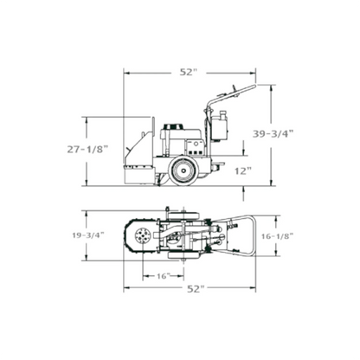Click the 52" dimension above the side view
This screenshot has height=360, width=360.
tap(185, 73)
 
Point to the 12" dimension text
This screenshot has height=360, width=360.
tap(242, 171)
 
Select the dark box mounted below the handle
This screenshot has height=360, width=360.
tap(218, 128)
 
